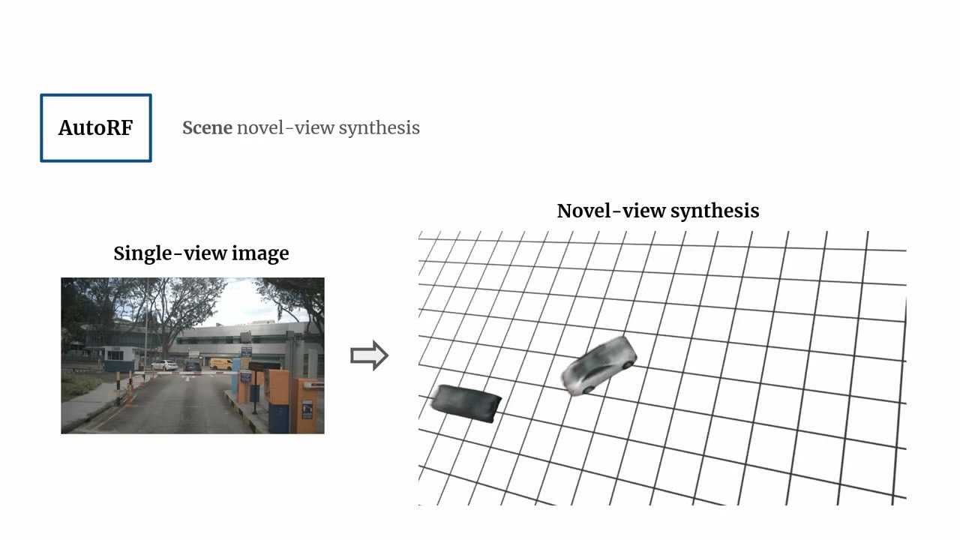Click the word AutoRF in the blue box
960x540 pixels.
[x=95, y=128]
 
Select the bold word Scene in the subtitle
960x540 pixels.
[x=207, y=127]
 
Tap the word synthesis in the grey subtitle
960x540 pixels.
[x=379, y=128]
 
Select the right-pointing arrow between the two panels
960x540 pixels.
[x=369, y=355]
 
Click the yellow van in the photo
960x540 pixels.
[x=220, y=364]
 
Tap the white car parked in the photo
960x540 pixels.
[x=164, y=365]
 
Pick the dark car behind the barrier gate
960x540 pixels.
[x=193, y=366]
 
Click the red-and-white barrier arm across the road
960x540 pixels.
[x=180, y=373]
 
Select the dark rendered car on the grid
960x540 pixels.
[x=466, y=403]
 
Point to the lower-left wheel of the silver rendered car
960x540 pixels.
[x=586, y=388]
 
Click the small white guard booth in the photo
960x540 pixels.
[x=119, y=358]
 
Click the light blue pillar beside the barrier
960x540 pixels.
[x=235, y=378]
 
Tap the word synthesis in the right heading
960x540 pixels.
[x=715, y=211]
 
